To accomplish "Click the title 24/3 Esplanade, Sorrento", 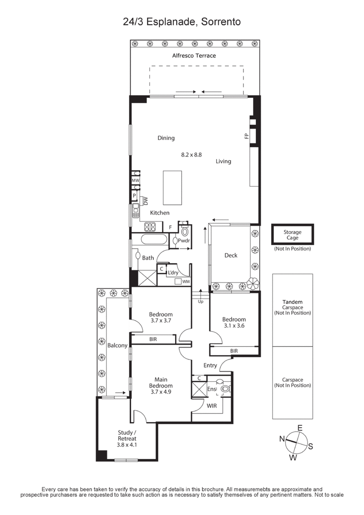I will coord(182,21).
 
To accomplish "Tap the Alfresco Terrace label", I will coord(194,56).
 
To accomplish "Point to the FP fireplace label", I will coord(246,136).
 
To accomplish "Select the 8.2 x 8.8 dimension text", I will coord(191,155).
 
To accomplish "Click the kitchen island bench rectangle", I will coord(173,188).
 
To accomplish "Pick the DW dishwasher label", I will coord(146,200).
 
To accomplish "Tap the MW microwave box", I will coord(135,181).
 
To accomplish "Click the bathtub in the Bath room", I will coord(154,240).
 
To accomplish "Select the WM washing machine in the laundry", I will coord(186,282).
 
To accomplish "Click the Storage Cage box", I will coord(293,235).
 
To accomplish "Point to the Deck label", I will coord(231,255).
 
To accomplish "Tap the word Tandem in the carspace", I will coord(292,302).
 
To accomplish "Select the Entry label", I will coord(210,365).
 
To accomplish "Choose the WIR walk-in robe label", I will coord(211,405).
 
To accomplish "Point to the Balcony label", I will coord(117,346).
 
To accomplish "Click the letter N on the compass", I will coord(282,439).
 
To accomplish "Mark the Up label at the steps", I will coord(200,301).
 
